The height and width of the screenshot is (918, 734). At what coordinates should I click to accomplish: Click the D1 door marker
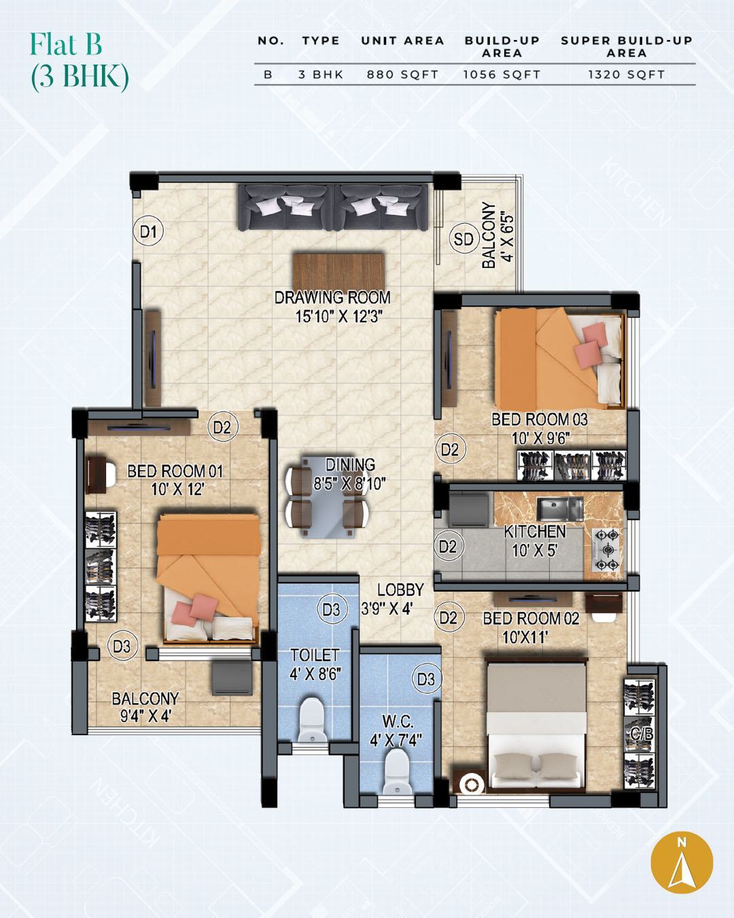[149, 232]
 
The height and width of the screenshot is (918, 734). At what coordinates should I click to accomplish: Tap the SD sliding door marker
[464, 239]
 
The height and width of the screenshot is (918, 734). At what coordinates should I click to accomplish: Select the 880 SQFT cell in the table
[402, 75]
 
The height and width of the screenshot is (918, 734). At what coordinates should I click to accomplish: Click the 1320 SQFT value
[627, 75]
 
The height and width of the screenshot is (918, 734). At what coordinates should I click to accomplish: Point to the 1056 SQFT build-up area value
[502, 75]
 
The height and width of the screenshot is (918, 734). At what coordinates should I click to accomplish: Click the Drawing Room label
[332, 297]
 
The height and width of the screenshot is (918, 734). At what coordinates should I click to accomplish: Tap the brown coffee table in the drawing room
[338, 271]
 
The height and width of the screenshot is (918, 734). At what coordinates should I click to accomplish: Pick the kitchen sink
[559, 509]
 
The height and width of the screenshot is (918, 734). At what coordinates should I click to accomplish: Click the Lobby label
[400, 590]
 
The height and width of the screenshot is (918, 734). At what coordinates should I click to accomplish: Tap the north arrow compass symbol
[682, 862]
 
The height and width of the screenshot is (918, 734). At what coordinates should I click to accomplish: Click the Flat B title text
[66, 44]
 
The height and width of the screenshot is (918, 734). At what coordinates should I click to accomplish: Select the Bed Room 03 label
[540, 420]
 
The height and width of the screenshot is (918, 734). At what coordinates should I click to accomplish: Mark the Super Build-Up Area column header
[627, 47]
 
